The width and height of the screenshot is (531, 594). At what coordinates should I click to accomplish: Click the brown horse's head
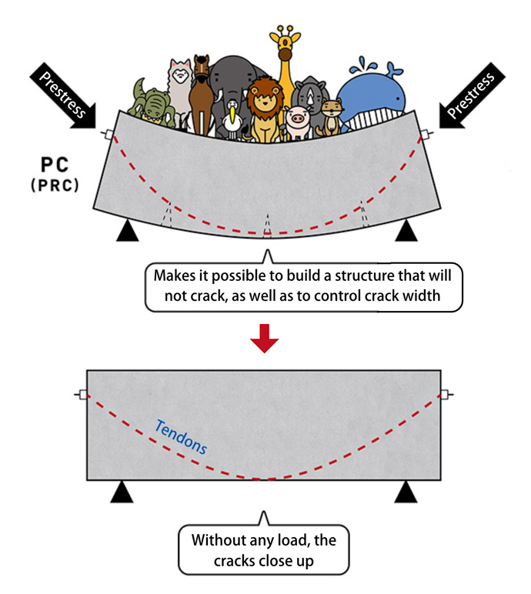pyautogui.click(x=202, y=73)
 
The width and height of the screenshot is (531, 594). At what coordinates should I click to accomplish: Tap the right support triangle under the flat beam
pyautogui.click(x=406, y=492)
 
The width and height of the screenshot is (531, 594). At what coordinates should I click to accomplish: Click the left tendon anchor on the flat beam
pyautogui.click(x=81, y=395)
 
